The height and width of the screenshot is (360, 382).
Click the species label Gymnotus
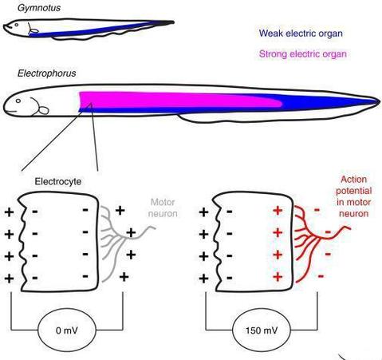39,8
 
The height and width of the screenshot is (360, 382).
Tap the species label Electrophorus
47,73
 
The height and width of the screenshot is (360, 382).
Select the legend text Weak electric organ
301,34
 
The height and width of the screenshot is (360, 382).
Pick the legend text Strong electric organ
303,54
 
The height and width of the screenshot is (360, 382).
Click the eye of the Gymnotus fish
17,25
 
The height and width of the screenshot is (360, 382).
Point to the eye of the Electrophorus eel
18,101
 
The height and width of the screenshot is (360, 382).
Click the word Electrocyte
58,182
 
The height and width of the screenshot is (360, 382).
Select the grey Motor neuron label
163,208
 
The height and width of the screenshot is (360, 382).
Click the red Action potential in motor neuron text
353,196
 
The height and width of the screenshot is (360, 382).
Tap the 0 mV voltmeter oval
67,330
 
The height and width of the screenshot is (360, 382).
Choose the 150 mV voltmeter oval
262,330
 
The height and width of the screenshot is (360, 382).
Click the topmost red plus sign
278,211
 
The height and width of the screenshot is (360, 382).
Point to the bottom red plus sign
278,277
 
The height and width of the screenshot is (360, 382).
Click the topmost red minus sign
317,210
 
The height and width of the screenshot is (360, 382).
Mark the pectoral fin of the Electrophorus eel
44,110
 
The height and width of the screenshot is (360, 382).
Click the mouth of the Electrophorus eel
10,111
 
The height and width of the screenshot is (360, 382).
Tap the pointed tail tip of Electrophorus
379,101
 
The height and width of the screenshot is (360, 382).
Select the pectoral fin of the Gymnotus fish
33,30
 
